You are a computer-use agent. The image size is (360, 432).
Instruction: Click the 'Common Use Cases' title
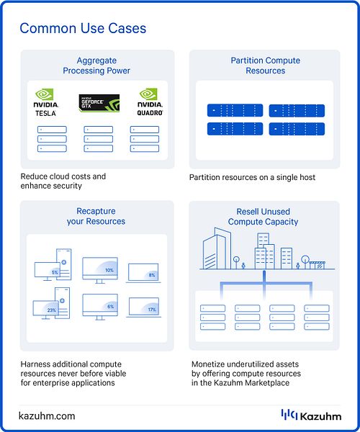click(83, 28)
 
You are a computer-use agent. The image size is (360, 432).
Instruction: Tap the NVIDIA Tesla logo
click(46, 102)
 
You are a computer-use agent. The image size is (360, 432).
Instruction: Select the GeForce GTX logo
click(99, 103)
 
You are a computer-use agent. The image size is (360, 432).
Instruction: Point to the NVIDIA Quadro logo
click(150, 102)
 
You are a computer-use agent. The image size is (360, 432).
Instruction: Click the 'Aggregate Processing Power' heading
click(96, 66)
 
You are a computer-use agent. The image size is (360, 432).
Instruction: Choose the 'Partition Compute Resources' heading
click(266, 66)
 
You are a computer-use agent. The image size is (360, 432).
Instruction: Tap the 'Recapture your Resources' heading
click(96, 216)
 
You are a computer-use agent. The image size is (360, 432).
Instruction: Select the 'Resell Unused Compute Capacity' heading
click(263, 217)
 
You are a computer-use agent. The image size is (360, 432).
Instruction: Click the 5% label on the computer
click(55, 272)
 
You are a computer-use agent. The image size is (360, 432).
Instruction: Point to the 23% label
click(52, 310)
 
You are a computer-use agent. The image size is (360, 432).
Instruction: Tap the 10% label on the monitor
click(109, 270)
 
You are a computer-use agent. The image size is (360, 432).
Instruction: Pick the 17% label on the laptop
click(152, 310)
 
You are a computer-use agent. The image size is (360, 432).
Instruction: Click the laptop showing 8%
click(143, 273)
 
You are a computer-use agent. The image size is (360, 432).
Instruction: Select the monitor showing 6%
click(100, 307)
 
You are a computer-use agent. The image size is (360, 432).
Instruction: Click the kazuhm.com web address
click(47, 415)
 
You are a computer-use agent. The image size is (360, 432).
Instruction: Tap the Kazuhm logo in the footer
click(311, 415)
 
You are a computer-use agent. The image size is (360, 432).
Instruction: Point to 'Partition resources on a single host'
click(252, 177)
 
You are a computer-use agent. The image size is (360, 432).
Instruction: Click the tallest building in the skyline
click(217, 248)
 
